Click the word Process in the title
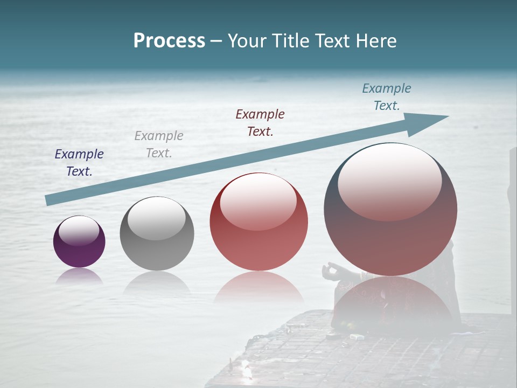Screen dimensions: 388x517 (x=169, y=41)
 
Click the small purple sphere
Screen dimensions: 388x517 (x=79, y=242)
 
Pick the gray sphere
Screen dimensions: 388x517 (x=157, y=233)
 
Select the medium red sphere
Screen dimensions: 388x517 (x=258, y=222)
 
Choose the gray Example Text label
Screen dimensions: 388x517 (x=159, y=144)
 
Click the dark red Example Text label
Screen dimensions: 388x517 (x=260, y=123)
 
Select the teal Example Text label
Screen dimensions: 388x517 (x=387, y=97)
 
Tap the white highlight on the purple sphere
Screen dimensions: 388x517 (x=79, y=231)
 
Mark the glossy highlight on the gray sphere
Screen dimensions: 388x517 (x=156, y=219)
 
